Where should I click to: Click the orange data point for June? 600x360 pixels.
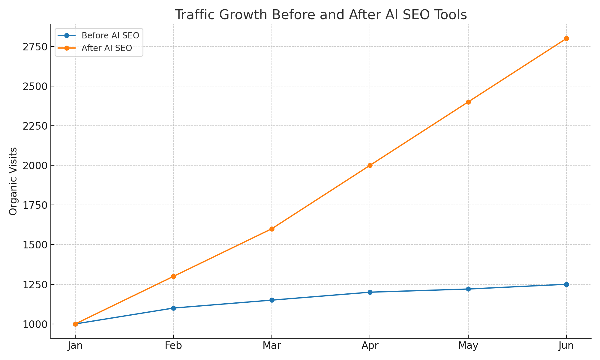pyautogui.click(x=566, y=38)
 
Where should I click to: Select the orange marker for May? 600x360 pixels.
pyautogui.click(x=468, y=102)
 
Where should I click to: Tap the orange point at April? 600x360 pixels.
pyautogui.click(x=370, y=165)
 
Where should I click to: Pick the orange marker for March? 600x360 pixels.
pyautogui.click(x=272, y=229)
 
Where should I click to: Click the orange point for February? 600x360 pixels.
pyautogui.click(x=173, y=276)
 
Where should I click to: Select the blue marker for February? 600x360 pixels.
pyautogui.click(x=173, y=308)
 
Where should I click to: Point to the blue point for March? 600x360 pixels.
pyautogui.click(x=272, y=300)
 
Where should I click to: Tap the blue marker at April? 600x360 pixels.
pyautogui.click(x=370, y=292)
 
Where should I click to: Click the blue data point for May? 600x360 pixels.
pyautogui.click(x=468, y=289)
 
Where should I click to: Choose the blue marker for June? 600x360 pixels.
pyautogui.click(x=566, y=284)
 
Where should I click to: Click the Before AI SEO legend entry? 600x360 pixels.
pyautogui.click(x=110, y=36)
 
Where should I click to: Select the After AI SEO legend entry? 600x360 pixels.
pyautogui.click(x=106, y=48)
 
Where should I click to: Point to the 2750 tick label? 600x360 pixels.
pyautogui.click(x=35, y=47)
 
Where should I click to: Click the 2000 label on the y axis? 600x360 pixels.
pyautogui.click(x=35, y=166)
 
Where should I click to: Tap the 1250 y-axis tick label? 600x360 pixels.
pyautogui.click(x=35, y=284)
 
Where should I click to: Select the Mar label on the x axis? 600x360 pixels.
pyautogui.click(x=272, y=346)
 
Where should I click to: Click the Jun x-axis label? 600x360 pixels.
pyautogui.click(x=566, y=346)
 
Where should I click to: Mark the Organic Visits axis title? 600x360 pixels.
pyautogui.click(x=13, y=181)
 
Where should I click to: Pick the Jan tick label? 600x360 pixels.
pyautogui.click(x=75, y=346)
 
